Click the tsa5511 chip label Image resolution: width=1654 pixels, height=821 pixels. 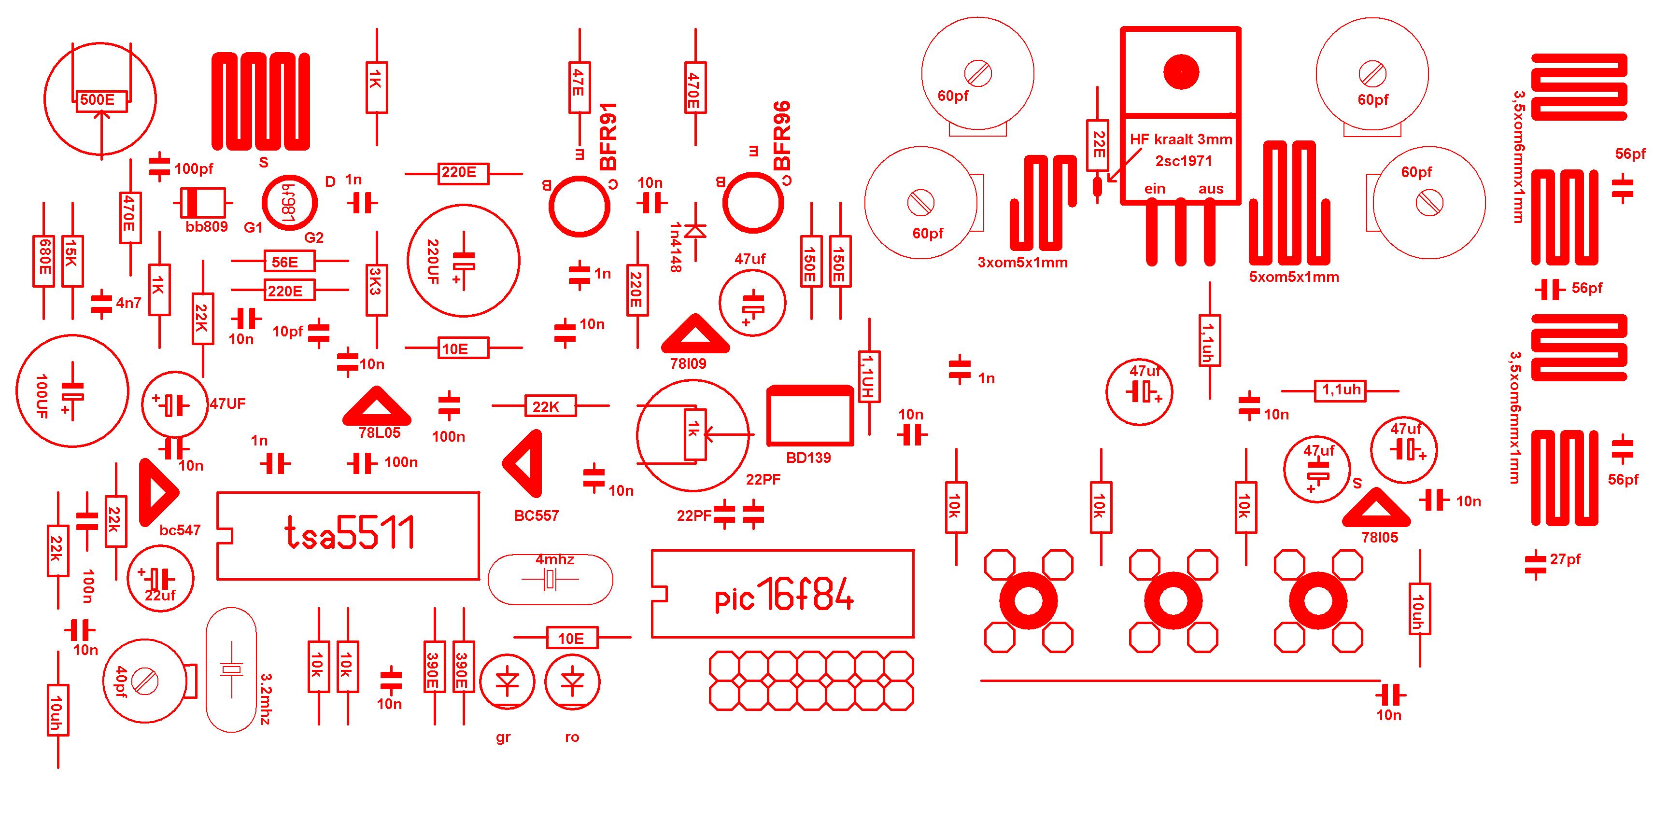tap(349, 533)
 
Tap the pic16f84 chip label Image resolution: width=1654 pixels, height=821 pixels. tap(784, 597)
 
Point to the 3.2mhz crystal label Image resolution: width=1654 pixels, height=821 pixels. tap(266, 698)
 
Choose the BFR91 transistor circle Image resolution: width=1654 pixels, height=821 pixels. tap(579, 206)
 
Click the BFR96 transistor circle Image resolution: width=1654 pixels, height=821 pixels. tap(752, 203)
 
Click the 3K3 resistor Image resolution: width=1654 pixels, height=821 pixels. tap(376, 280)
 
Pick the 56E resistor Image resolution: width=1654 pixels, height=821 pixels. tap(289, 261)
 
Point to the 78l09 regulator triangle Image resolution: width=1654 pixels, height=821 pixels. tap(695, 335)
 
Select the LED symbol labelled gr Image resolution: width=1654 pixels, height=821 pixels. tap(507, 682)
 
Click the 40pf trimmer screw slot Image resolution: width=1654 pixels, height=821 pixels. tap(145, 681)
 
